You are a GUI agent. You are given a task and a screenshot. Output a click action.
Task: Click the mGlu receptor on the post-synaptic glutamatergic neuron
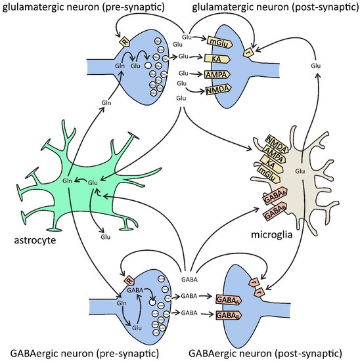pos(217,42)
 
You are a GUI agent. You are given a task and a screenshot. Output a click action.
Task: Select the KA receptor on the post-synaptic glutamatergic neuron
pos(217,58)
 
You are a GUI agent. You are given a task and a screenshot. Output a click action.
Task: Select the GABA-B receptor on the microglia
pos(275,211)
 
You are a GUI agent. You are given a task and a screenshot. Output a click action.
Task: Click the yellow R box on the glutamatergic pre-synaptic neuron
pos(124,43)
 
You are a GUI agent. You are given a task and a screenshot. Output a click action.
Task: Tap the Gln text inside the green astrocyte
pos(66,179)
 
